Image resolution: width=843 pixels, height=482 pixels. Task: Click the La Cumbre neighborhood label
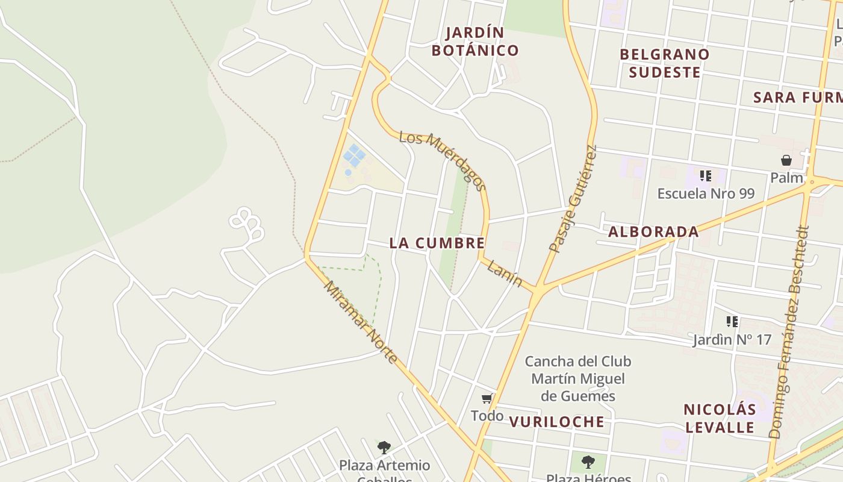click(x=437, y=243)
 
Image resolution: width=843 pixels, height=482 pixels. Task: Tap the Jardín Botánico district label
click(x=475, y=41)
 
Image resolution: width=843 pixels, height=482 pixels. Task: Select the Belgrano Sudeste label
click(x=665, y=63)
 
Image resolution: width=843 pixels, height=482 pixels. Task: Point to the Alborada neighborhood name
click(x=653, y=231)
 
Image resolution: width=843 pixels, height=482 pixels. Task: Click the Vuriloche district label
click(x=556, y=421)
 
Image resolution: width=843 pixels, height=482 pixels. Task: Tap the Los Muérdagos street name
click(x=443, y=160)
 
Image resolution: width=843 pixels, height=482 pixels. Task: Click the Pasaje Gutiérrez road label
click(x=573, y=199)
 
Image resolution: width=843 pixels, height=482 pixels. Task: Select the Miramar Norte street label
click(x=361, y=322)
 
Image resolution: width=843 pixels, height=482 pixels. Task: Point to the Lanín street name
click(x=504, y=273)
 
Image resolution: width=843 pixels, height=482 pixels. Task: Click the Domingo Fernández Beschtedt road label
click(x=791, y=331)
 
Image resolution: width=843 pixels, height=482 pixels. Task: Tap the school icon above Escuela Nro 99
click(x=706, y=176)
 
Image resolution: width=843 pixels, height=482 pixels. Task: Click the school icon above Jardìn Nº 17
click(x=732, y=321)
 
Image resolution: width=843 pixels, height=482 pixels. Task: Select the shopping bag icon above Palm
click(x=786, y=160)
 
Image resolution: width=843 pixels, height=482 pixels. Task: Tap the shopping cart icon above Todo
click(x=487, y=398)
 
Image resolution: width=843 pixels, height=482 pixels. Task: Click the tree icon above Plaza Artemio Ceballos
click(x=384, y=448)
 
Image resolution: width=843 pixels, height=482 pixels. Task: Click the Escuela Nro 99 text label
click(x=706, y=193)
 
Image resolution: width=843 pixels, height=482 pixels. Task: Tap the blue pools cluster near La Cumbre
click(x=353, y=156)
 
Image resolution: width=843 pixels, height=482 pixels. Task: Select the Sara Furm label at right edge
click(x=797, y=97)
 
